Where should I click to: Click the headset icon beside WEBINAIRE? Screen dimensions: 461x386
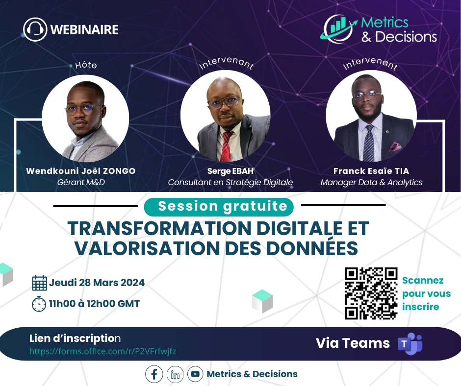(x=35, y=29)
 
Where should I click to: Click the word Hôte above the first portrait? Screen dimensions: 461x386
(x=86, y=65)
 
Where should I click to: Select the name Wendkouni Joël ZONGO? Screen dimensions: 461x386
(x=81, y=171)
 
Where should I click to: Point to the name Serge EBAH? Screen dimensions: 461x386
(x=230, y=171)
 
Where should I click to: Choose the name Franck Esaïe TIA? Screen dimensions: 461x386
(x=371, y=171)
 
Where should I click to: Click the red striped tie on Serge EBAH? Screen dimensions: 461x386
(x=226, y=146)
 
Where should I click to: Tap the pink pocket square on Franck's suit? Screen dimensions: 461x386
(x=395, y=146)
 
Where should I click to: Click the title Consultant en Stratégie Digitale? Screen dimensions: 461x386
(x=230, y=182)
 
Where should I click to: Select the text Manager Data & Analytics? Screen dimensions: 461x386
(x=371, y=182)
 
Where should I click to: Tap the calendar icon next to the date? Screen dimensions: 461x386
(x=39, y=283)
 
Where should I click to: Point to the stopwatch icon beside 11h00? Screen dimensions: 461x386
(x=39, y=304)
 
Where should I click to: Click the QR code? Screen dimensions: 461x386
(x=371, y=293)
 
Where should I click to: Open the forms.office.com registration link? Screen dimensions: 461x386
(x=102, y=351)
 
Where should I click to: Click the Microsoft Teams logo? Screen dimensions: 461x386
(x=410, y=343)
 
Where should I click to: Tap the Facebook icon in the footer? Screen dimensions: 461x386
(x=154, y=374)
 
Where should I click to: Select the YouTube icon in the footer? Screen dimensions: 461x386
(x=195, y=374)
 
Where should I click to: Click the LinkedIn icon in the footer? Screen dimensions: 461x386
(x=175, y=374)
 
